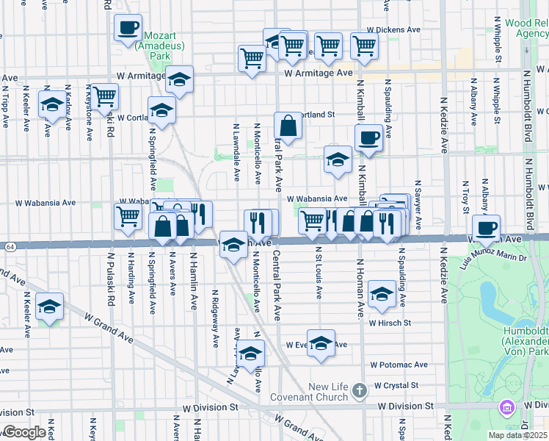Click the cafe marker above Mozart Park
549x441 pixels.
(x=128, y=29)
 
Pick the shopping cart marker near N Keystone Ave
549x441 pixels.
(x=105, y=96)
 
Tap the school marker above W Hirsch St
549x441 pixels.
(x=382, y=295)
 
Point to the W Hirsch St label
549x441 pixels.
(x=390, y=323)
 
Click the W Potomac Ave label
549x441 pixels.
(x=399, y=365)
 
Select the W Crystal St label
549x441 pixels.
(x=396, y=385)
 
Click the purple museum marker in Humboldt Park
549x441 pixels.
(x=506, y=406)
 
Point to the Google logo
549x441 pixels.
(x=24, y=432)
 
